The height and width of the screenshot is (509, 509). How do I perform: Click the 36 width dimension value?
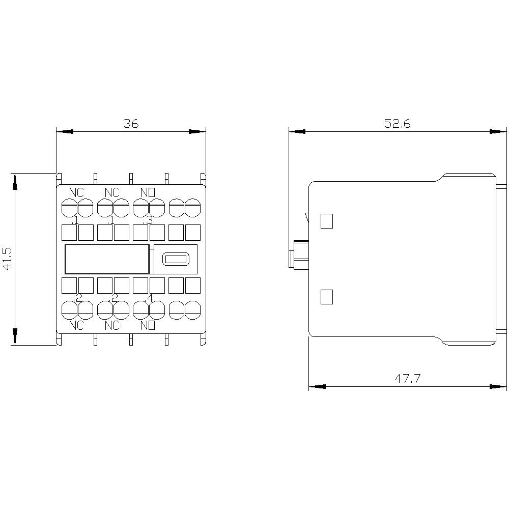tap(131, 124)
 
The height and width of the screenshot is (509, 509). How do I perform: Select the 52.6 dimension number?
tap(397, 124)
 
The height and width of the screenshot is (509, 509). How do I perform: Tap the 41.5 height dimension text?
tap(8, 259)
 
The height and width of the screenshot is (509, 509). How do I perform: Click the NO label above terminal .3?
tap(147, 192)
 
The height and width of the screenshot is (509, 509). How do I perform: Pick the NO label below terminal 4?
tap(147, 325)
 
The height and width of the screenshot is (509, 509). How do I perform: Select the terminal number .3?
tap(148, 220)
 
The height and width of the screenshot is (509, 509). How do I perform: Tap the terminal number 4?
tap(149, 297)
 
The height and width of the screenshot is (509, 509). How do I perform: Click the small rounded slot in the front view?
tap(175, 259)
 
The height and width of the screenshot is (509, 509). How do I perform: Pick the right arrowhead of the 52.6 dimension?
tap(499, 131)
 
